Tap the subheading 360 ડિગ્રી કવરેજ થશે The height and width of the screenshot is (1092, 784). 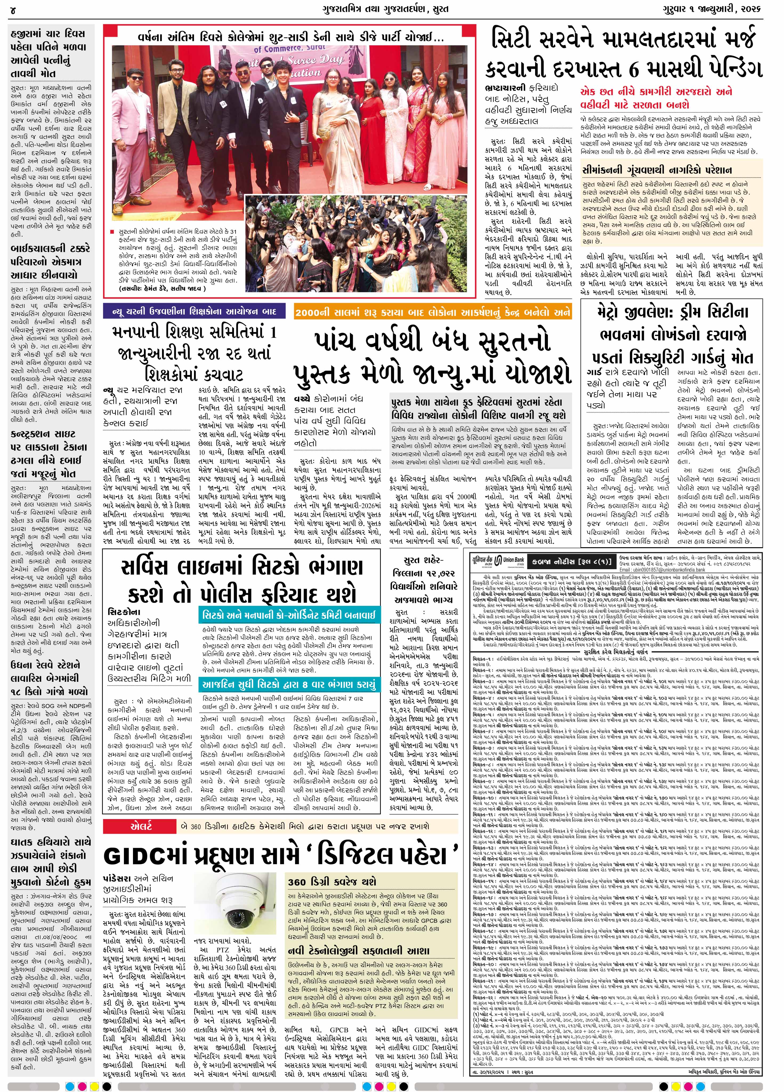pos(332,881)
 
